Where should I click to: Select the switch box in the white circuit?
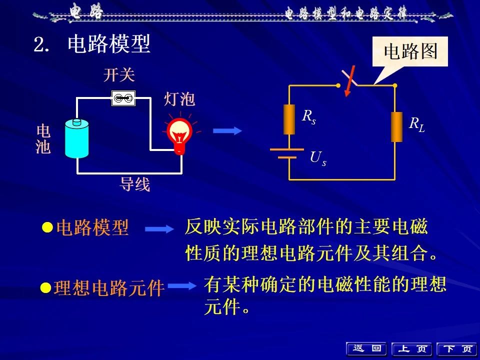tap(123, 98)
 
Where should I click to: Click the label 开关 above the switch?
tap(119, 75)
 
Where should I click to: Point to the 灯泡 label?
tap(179, 99)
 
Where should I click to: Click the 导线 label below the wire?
tap(134, 184)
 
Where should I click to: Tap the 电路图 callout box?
tap(410, 51)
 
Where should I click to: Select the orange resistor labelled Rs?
tap(289, 119)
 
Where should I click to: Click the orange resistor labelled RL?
tap(396, 126)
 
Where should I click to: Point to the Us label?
tap(318, 158)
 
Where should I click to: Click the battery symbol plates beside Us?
tap(287, 153)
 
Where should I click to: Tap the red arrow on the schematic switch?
tap(349, 81)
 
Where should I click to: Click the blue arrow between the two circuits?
tap(227, 130)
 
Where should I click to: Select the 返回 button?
tap(366, 348)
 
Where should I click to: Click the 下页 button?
tap(457, 349)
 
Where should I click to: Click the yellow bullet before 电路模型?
tap(47, 227)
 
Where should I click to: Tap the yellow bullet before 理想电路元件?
tap(46, 288)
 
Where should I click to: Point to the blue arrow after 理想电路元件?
tap(182, 286)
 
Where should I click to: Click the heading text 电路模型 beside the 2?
tap(109, 43)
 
